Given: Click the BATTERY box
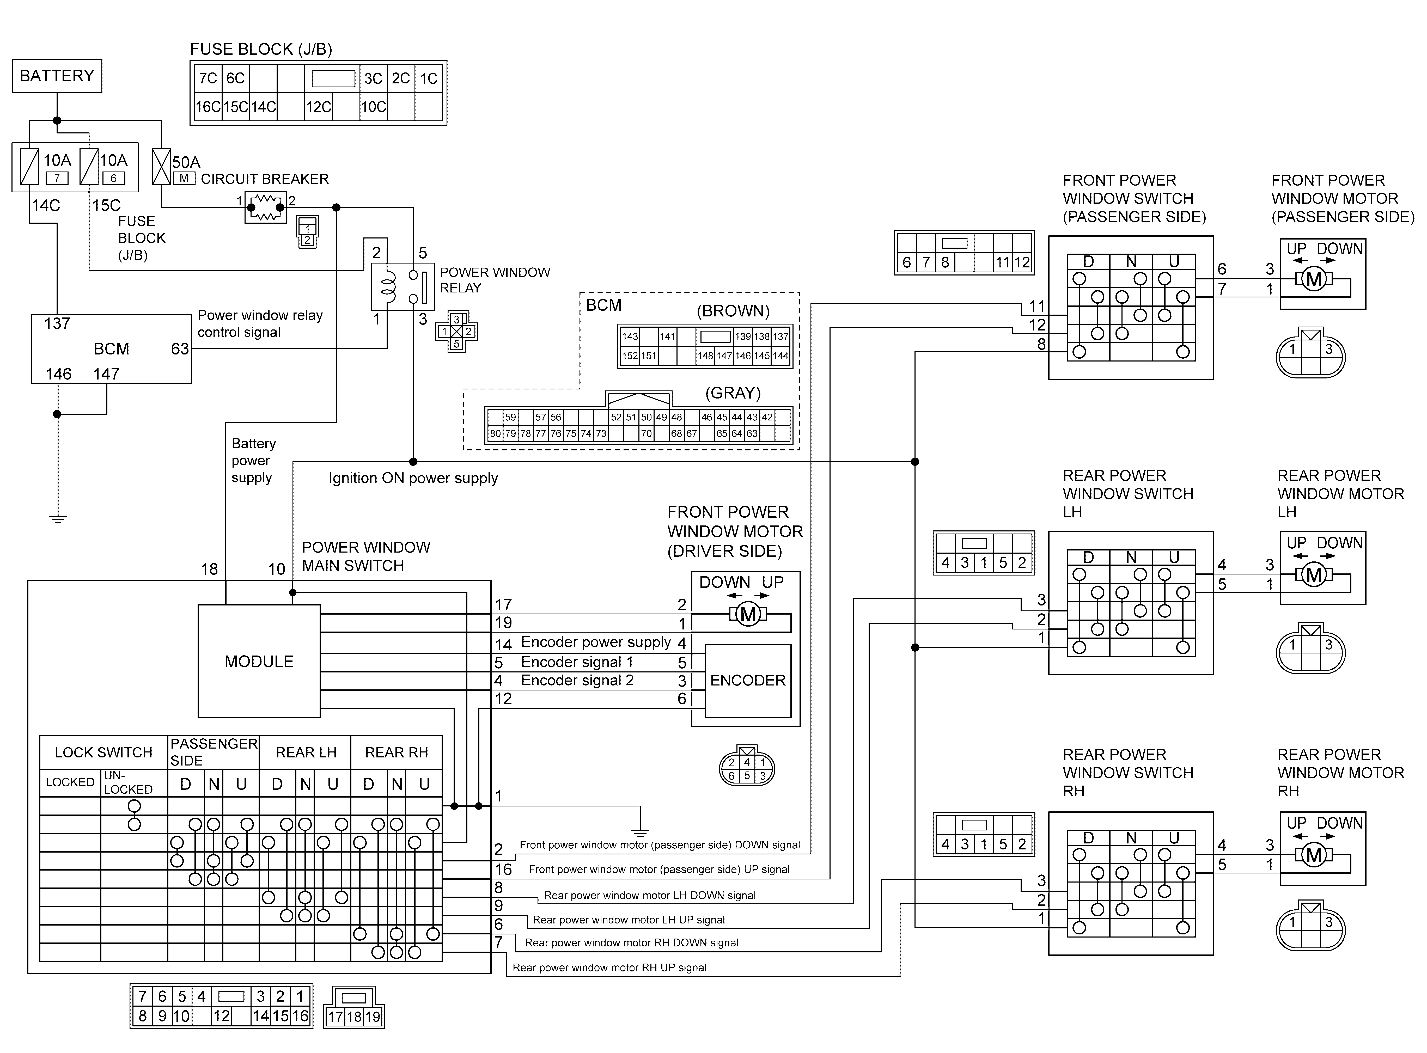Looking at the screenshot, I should pyautogui.click(x=57, y=76).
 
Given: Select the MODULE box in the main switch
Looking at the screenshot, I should pyautogui.click(x=259, y=661).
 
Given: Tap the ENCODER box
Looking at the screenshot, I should pyautogui.click(x=748, y=680).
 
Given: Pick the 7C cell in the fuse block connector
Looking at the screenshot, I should pyautogui.click(x=208, y=78).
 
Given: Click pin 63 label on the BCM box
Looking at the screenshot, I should pyautogui.click(x=180, y=349).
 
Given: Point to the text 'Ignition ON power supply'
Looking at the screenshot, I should pyautogui.click(x=413, y=478).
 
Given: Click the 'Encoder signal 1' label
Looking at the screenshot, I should pyautogui.click(x=577, y=662).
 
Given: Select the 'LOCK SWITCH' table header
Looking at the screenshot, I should pyautogui.click(x=103, y=752).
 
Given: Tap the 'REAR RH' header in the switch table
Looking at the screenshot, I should pyautogui.click(x=397, y=752).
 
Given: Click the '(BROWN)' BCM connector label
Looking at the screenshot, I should pyautogui.click(x=733, y=311).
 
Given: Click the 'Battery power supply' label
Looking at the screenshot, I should pyautogui.click(x=253, y=460).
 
